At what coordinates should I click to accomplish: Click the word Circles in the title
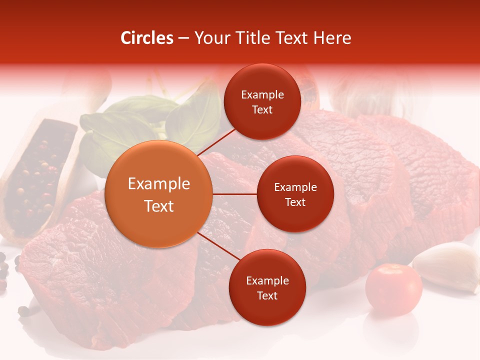(147, 38)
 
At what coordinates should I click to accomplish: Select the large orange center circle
(159, 194)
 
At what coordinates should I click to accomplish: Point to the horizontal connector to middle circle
(234, 194)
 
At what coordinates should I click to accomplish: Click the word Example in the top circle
(262, 94)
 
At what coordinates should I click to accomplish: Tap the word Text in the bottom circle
(267, 295)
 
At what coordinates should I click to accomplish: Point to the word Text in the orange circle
(159, 206)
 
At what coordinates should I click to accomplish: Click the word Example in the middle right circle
(295, 187)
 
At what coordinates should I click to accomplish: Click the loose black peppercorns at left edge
(4, 270)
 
